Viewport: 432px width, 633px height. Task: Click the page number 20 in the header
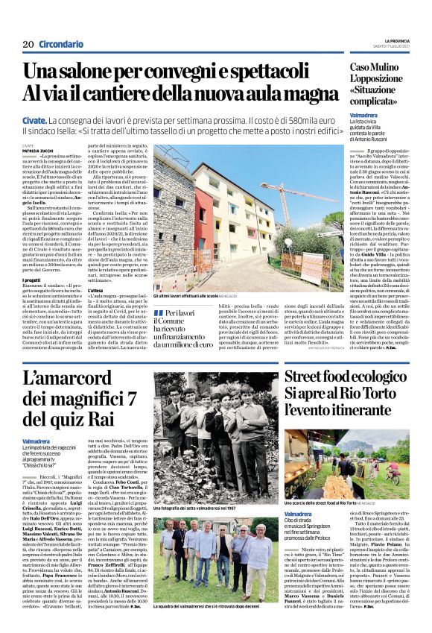[28, 45]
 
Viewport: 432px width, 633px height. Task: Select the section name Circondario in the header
[61, 45]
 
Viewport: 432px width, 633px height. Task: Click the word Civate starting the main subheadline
[34, 120]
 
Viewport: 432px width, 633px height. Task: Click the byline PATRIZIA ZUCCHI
[37, 148]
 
